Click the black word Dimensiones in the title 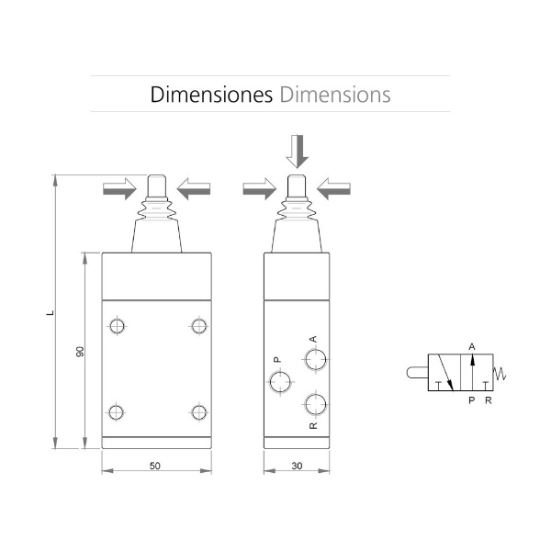[211, 95]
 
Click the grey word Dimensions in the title [335, 95]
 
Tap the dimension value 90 [80, 352]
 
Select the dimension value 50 [155, 466]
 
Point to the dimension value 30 [297, 466]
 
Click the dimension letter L [51, 312]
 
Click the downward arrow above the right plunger [298, 152]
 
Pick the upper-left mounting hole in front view [117, 326]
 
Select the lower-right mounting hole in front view [199, 412]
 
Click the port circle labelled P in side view [280, 382]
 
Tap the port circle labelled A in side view [316, 359]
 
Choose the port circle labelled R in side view [316, 404]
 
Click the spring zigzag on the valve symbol [500, 374]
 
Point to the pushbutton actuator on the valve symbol [418, 373]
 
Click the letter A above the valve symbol [472, 347]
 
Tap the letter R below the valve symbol [489, 400]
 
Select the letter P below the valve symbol [472, 400]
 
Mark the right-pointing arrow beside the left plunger [119, 189]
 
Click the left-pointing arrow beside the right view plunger [333, 189]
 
